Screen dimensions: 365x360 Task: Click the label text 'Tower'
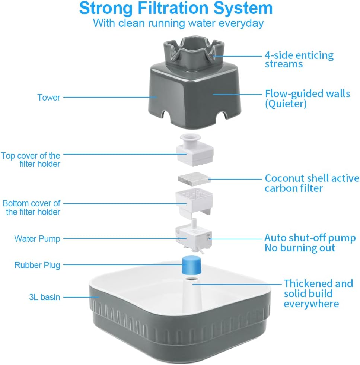click(49, 98)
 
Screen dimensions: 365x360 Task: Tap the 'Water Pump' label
click(37, 238)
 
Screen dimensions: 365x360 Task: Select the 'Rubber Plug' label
click(37, 265)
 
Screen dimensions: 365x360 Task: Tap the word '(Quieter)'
click(286, 104)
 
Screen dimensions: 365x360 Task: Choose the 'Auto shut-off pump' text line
click(310, 238)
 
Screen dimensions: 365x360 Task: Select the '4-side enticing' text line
click(299, 55)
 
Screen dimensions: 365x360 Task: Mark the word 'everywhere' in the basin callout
click(311, 304)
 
